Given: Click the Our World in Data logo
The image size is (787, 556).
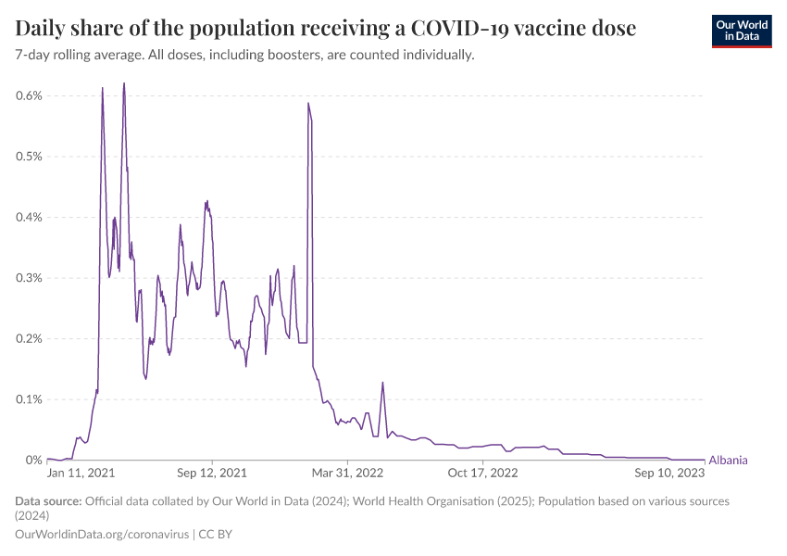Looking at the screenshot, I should click(x=741, y=31).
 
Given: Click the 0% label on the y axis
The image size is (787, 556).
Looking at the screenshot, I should click(x=35, y=461).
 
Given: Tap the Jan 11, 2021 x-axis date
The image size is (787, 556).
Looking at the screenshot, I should click(x=81, y=473).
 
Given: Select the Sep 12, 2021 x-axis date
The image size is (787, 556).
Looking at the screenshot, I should click(x=213, y=473).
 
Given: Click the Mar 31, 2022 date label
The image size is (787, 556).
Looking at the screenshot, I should click(x=347, y=473).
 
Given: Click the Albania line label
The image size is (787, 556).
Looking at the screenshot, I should click(x=728, y=461).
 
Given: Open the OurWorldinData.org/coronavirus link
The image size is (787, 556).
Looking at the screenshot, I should click(x=102, y=535).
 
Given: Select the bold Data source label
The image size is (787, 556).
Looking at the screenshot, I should click(x=48, y=501).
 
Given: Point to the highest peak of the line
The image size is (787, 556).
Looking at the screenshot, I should click(x=124, y=83).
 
